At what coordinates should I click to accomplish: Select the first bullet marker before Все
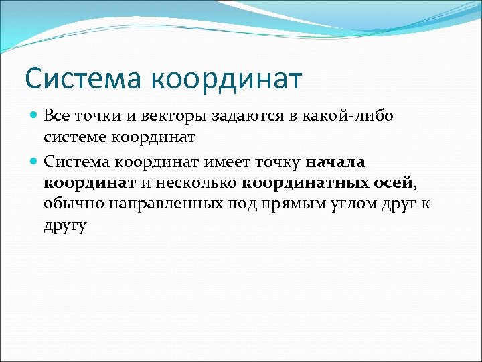(x=35, y=116)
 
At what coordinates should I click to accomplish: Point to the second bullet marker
(x=35, y=162)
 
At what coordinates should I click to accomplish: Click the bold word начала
(x=335, y=162)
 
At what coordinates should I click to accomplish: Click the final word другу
(x=65, y=226)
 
